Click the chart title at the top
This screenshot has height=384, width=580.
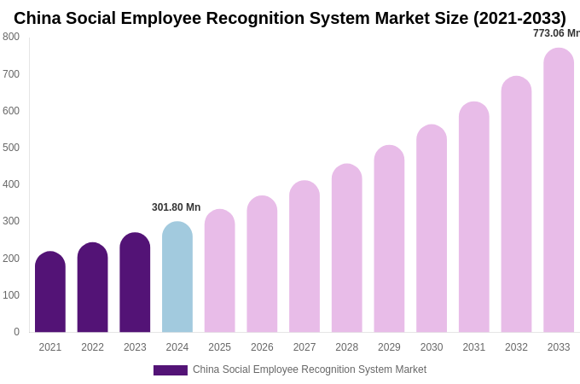click(290, 18)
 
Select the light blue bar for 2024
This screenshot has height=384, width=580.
click(177, 277)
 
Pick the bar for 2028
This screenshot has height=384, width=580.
click(346, 248)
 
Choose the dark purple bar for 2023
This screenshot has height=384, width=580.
click(135, 282)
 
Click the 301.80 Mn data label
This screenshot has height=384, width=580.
click(176, 207)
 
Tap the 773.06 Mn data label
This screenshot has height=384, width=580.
click(556, 33)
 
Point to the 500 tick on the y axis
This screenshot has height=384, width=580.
click(11, 148)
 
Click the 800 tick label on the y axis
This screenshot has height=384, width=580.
click(11, 37)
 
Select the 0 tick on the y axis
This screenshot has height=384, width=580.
click(16, 332)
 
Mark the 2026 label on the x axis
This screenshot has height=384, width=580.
click(262, 347)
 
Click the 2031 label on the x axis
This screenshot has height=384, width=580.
click(474, 347)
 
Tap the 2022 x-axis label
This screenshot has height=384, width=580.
click(92, 347)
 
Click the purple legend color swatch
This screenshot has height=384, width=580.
click(170, 370)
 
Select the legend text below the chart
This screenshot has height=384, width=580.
click(309, 369)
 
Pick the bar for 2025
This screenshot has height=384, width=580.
click(219, 271)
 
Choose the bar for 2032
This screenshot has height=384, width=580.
click(516, 205)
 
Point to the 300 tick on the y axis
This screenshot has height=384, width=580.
click(11, 221)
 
